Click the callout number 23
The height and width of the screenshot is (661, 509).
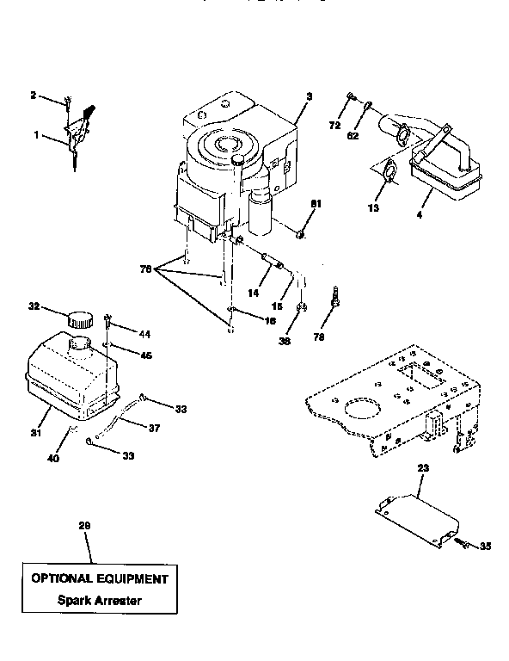click(422, 470)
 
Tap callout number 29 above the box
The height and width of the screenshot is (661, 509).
click(83, 524)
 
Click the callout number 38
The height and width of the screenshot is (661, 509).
click(285, 340)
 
